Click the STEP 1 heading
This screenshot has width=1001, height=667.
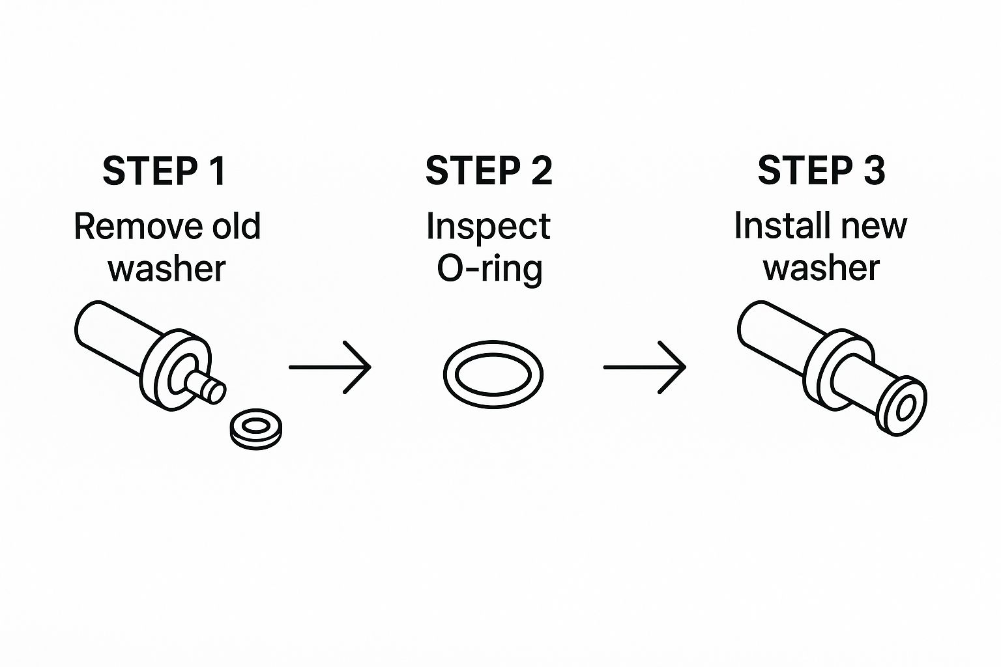(x=164, y=171)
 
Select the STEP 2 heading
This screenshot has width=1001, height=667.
(x=489, y=171)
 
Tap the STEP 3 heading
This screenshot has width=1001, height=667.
(x=821, y=171)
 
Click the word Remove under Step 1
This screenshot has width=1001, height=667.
(x=128, y=227)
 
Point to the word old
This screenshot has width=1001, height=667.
(x=227, y=227)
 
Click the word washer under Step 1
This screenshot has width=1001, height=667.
(x=167, y=268)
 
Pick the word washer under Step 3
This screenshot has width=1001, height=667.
(x=821, y=268)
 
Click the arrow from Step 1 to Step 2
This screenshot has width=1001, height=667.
(x=330, y=367)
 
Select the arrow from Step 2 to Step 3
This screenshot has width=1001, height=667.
(x=645, y=367)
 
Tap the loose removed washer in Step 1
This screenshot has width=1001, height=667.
(x=256, y=429)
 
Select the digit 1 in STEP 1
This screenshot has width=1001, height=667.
(x=218, y=171)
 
